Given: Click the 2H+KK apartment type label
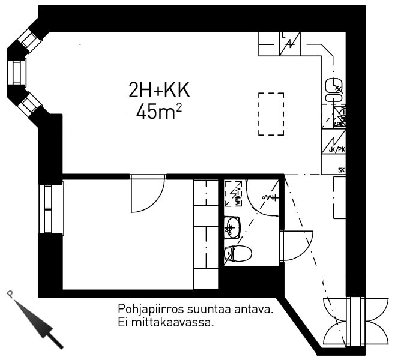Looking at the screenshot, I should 159,91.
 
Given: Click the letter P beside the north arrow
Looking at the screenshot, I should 10,293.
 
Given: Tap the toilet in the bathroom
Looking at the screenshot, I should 237,254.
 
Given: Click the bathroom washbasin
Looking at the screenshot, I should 232,227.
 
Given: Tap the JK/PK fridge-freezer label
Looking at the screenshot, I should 337,149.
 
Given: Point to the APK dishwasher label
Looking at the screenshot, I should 338,124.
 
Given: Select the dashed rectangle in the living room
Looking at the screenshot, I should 271,113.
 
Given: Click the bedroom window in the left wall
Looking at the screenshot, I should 51,209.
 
